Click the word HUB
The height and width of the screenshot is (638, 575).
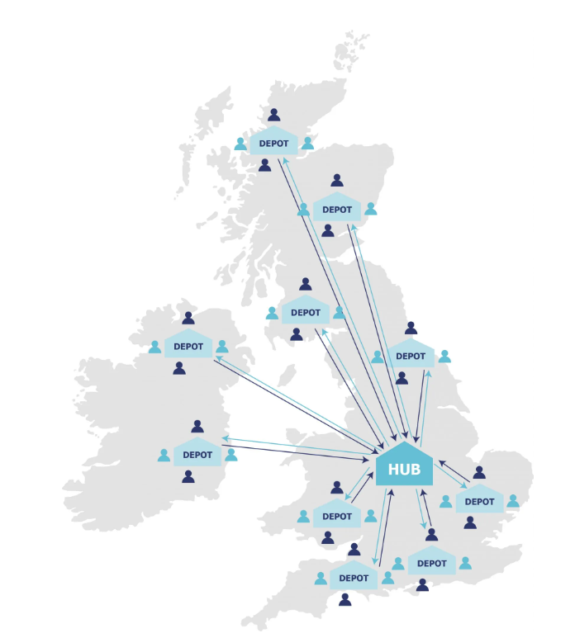(x=404, y=469)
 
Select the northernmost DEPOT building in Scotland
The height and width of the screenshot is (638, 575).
(x=273, y=142)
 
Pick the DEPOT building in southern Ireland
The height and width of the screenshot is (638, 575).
(x=197, y=453)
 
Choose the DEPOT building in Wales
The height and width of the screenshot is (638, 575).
(x=337, y=515)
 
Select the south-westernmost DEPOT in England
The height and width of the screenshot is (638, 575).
(x=354, y=577)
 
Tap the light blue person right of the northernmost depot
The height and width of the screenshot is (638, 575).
(x=307, y=144)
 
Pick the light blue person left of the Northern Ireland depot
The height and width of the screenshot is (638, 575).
(x=154, y=347)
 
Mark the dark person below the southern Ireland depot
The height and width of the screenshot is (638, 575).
(x=188, y=476)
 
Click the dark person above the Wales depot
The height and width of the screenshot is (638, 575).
(x=337, y=488)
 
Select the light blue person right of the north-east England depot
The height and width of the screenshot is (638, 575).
(x=444, y=357)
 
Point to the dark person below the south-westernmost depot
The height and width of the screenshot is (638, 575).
(x=345, y=600)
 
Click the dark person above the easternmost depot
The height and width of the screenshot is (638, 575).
(x=479, y=473)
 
